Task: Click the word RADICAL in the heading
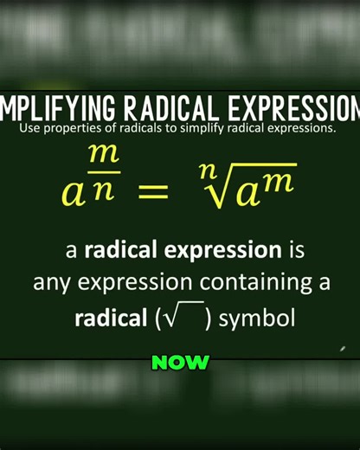pos(170,110)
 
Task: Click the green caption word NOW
pos(180,363)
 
